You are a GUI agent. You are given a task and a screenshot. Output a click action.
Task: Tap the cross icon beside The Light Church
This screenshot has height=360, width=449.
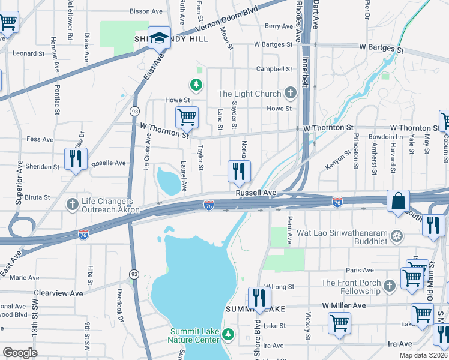(x=291, y=93)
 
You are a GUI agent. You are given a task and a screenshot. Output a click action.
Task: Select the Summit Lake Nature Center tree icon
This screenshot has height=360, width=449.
(x=228, y=334)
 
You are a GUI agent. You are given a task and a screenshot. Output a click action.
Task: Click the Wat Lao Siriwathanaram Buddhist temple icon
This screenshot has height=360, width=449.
(x=396, y=236)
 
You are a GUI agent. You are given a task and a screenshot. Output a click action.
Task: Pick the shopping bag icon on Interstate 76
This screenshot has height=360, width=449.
(x=398, y=201)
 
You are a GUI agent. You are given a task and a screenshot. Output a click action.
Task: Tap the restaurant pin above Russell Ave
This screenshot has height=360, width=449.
(x=239, y=171)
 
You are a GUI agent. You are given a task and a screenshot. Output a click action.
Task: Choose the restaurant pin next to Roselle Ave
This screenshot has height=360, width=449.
(x=76, y=159)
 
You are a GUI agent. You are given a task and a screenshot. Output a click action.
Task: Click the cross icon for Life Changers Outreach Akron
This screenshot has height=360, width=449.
(x=73, y=205)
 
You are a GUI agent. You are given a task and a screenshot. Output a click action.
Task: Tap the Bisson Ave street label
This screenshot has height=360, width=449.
(x=146, y=11)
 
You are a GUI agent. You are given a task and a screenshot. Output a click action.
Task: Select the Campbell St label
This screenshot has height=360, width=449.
(x=274, y=69)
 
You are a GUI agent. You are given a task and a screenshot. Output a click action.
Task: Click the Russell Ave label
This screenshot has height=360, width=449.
(x=256, y=193)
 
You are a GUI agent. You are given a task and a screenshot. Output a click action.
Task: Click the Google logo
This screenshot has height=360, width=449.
(x=20, y=352)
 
